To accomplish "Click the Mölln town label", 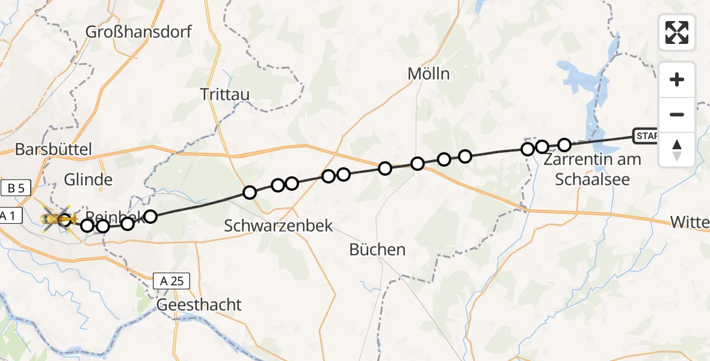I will [428, 74].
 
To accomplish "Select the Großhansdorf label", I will [139, 31].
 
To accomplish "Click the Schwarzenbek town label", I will [278, 226].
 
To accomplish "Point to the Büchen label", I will [378, 249].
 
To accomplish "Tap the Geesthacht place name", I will [199, 304].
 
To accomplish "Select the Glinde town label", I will [88, 179].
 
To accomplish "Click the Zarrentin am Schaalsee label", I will [592, 169].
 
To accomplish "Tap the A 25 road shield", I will [171, 280].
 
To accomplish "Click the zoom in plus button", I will [677, 79].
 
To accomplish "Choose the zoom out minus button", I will [677, 114].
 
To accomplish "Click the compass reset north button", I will [677, 149].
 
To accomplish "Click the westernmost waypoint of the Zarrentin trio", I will [528, 149].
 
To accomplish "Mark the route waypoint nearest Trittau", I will [249, 193].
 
